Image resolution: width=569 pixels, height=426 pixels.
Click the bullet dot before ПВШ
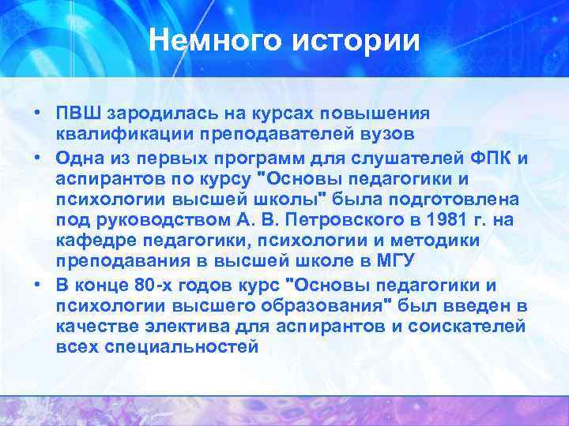coord(37,112)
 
